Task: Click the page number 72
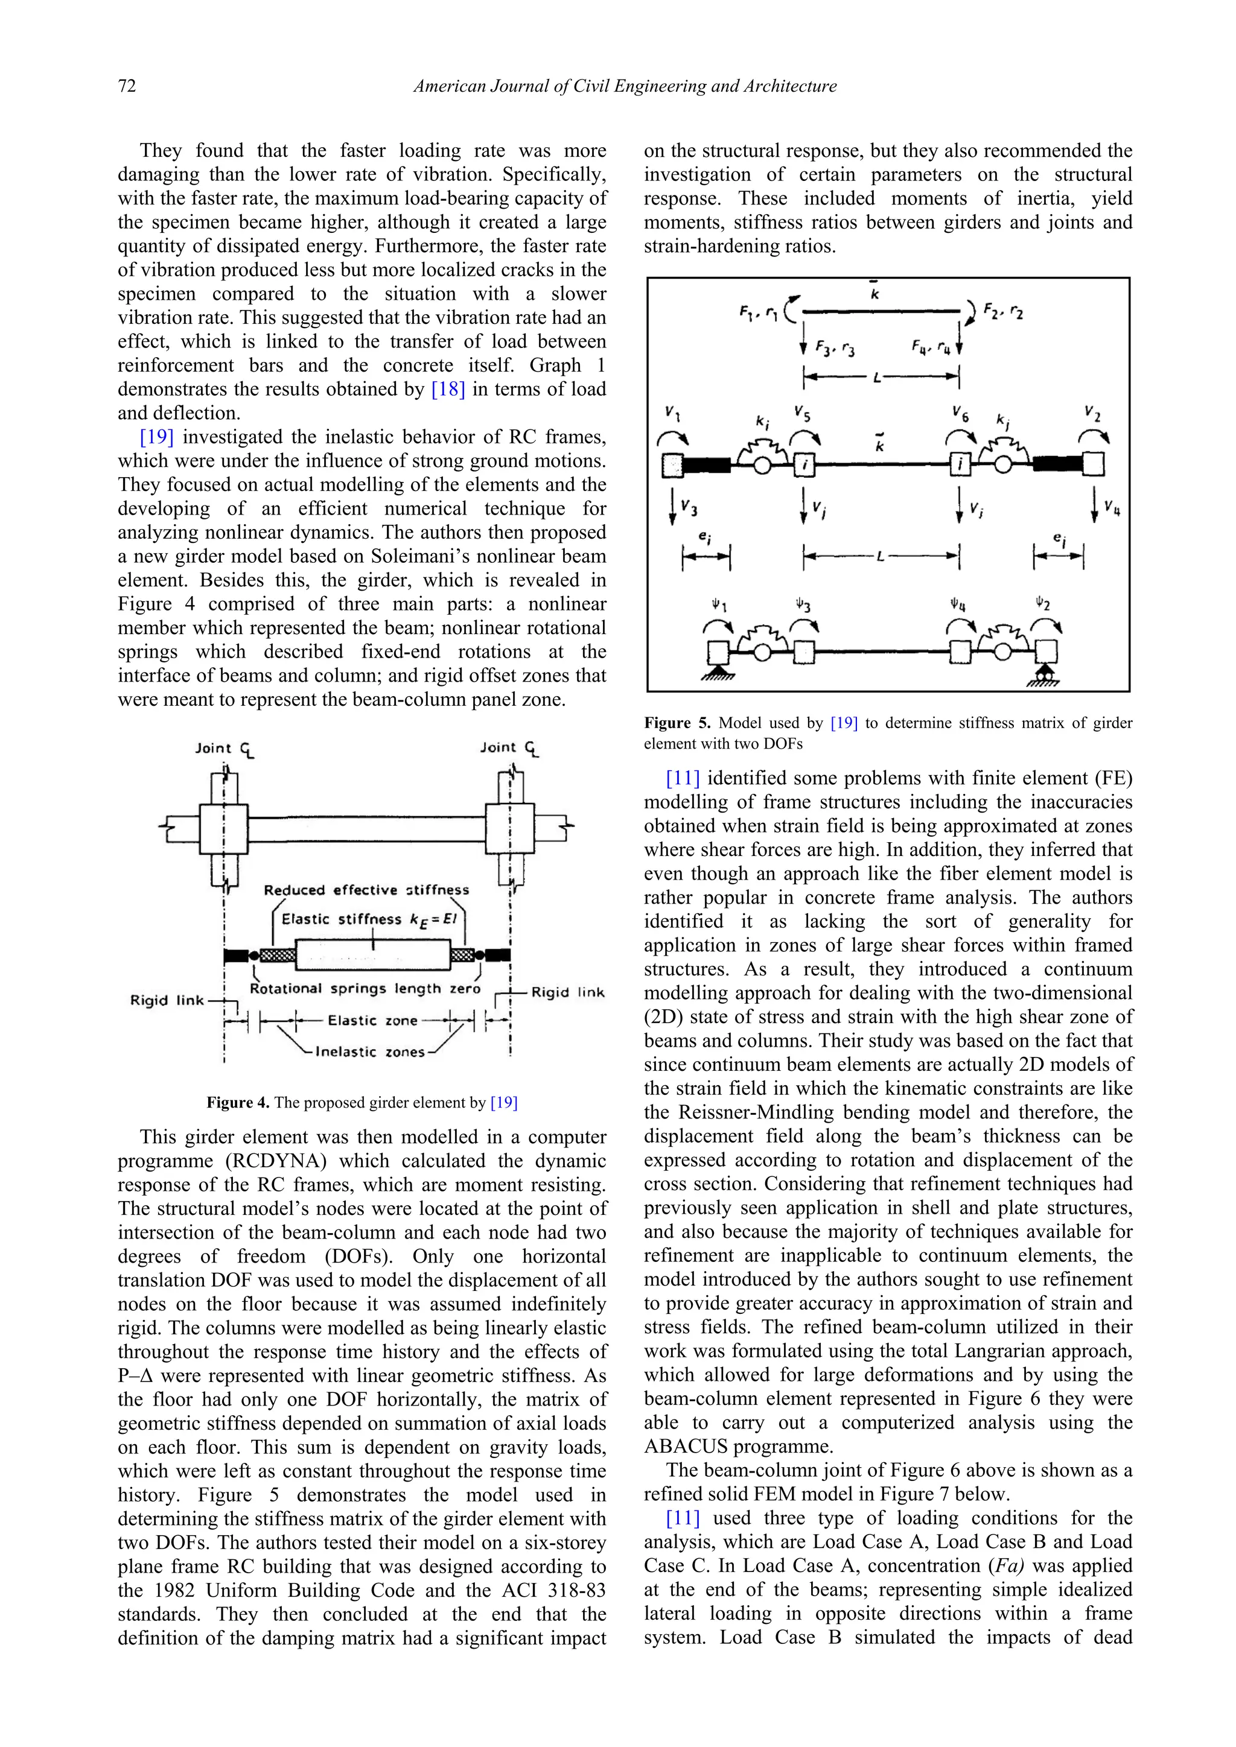point(127,86)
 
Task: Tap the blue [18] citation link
point(448,390)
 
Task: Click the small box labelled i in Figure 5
point(805,463)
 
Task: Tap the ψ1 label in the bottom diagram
point(719,605)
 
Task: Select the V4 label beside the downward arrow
point(1112,506)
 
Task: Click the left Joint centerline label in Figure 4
point(225,749)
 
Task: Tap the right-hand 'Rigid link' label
point(568,992)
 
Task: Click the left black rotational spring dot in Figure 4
point(254,955)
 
